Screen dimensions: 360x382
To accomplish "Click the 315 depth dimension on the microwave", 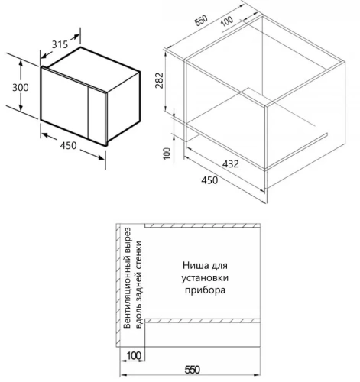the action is tap(60, 44).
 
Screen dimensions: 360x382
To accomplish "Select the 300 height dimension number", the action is tap(21, 88).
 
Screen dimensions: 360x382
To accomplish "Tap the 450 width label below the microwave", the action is tap(68, 145).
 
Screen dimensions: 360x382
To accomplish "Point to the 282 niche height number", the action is tap(159, 80).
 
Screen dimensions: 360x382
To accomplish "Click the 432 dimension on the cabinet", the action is tap(231, 163).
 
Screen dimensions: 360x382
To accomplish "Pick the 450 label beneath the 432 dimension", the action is tap(209, 180).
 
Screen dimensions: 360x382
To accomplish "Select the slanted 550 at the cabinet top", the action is tap(201, 21).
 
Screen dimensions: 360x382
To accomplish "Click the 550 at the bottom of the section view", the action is tap(193, 370).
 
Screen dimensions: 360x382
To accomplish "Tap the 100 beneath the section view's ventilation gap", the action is tap(134, 356).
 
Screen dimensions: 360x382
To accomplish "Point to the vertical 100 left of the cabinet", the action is tap(167, 154).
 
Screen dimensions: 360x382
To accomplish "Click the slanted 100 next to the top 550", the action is tap(227, 21).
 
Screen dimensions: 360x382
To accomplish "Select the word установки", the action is tap(205, 277).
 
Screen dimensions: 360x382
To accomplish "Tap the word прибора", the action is tap(205, 290).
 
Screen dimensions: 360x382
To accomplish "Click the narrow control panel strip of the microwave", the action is tap(97, 115).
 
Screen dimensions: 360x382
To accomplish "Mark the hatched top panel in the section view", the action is tap(203, 225).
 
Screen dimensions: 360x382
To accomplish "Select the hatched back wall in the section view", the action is tap(118, 285).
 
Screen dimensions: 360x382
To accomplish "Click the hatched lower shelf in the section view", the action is tap(203, 321).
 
